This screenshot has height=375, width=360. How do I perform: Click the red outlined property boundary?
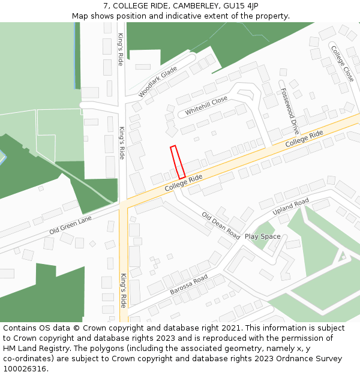click(178, 162)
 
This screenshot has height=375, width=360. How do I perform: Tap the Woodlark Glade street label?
click(158, 82)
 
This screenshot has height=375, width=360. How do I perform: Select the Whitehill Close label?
click(206, 106)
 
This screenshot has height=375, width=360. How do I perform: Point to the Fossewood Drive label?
click(289, 110)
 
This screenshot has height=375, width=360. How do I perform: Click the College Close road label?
click(341, 62)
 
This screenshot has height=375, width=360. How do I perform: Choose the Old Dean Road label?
click(221, 225)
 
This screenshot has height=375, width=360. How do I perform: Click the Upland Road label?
click(290, 207)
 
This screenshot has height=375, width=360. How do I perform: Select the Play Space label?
click(262, 236)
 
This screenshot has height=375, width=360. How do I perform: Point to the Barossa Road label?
click(188, 284)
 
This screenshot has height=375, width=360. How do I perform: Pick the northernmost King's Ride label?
click(121, 49)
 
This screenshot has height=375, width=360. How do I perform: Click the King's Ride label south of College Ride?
click(123, 290)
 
